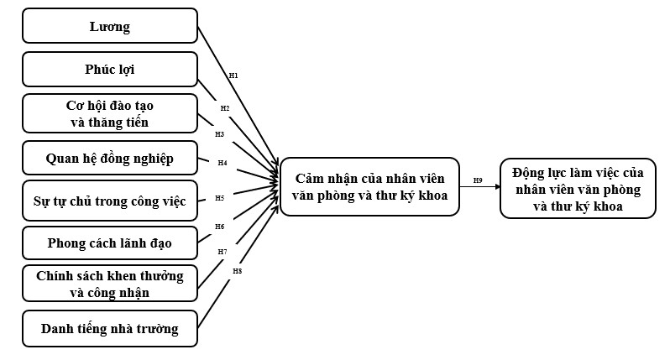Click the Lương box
click(x=109, y=26)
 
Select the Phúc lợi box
click(x=109, y=69)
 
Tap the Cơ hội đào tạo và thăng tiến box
click(x=109, y=113)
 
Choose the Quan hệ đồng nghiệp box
click(x=109, y=156)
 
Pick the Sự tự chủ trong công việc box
click(x=109, y=200)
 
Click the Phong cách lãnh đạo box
click(x=109, y=243)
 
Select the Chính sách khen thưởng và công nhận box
click(x=109, y=284)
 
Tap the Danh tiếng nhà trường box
click(x=109, y=328)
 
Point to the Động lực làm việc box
click(x=577, y=189)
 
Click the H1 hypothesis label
click(x=233, y=76)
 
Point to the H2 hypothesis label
click(x=225, y=108)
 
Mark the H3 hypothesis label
click(x=220, y=133)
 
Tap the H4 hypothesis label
click(x=222, y=162)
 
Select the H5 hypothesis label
click(x=219, y=198)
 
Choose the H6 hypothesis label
click(x=220, y=226)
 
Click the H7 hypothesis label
click(x=222, y=251)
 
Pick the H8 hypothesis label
click(x=238, y=270)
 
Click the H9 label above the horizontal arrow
click(x=478, y=180)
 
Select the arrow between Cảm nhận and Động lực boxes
click(x=479, y=187)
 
